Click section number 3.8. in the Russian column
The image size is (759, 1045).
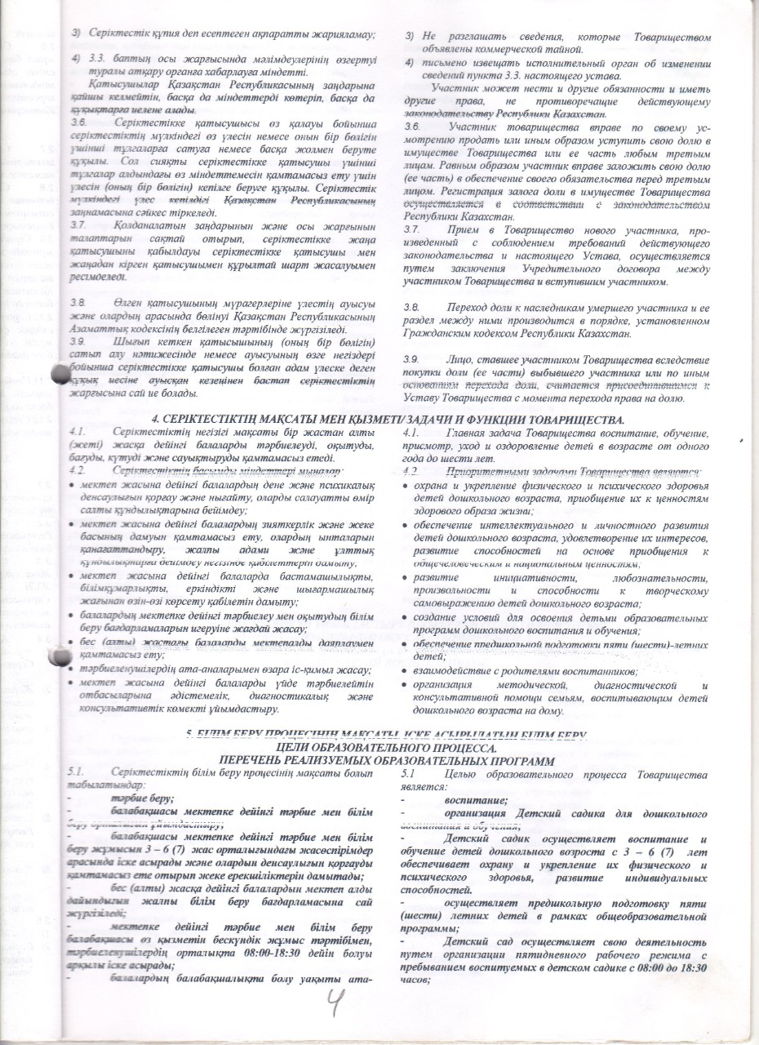point(414,307)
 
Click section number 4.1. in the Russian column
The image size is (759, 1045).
point(414,432)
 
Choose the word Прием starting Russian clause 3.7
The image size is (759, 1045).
point(464,232)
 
